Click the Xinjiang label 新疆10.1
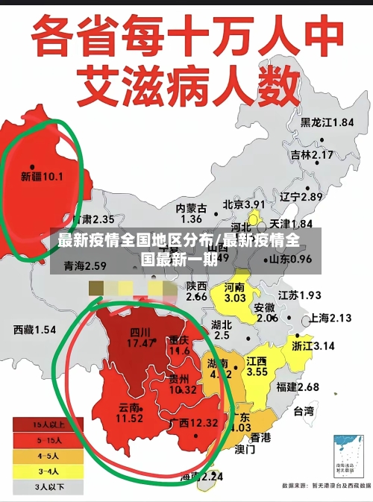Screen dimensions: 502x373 pos(43,177)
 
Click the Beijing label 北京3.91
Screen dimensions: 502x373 pos(244,204)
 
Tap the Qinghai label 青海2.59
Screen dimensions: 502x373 pos(85,266)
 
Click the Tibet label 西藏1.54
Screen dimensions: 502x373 pos(35,329)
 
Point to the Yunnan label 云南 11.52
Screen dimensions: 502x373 pos(130,413)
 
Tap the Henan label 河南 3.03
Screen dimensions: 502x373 pos(234,292)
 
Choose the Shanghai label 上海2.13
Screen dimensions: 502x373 pos(330,318)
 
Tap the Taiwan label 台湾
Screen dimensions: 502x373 pos(303,411)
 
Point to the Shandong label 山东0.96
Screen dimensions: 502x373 pos(290,259)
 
